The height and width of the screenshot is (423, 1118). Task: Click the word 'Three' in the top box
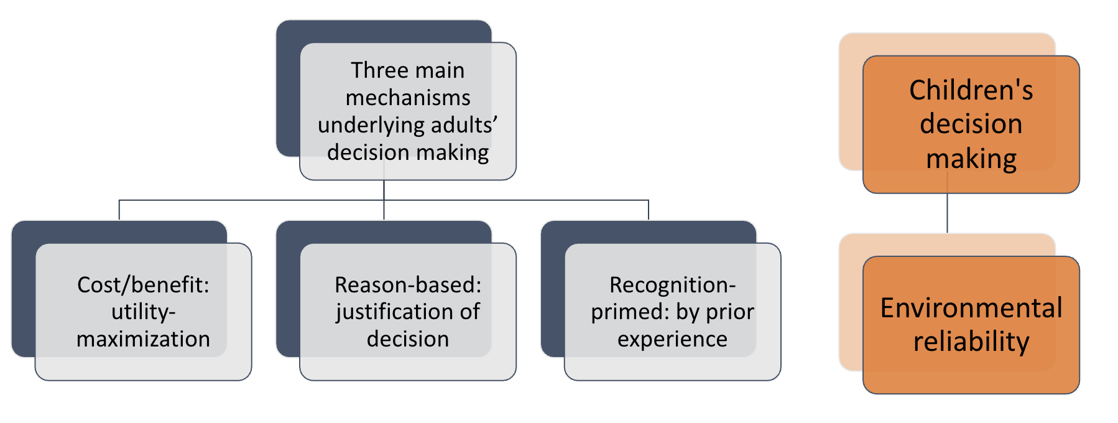tap(375, 70)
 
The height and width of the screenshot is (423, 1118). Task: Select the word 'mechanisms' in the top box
tap(408, 98)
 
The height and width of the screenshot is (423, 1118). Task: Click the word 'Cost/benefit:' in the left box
tap(143, 285)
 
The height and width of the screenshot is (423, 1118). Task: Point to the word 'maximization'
tap(143, 339)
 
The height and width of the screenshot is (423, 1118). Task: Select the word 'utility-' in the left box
tap(143, 312)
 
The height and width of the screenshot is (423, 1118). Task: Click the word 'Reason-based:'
tap(408, 285)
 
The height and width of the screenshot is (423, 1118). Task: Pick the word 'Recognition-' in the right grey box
tap(672, 285)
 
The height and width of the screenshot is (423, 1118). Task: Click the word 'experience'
tap(672, 339)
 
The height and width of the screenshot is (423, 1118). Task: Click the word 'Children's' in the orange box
tap(971, 90)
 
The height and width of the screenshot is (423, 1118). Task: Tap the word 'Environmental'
tap(971, 308)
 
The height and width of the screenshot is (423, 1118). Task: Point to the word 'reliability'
tap(971, 342)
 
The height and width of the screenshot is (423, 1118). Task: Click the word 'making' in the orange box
tap(971, 159)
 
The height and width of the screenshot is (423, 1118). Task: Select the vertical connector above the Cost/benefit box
tap(119, 210)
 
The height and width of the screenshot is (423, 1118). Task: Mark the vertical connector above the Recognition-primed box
tap(649, 210)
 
